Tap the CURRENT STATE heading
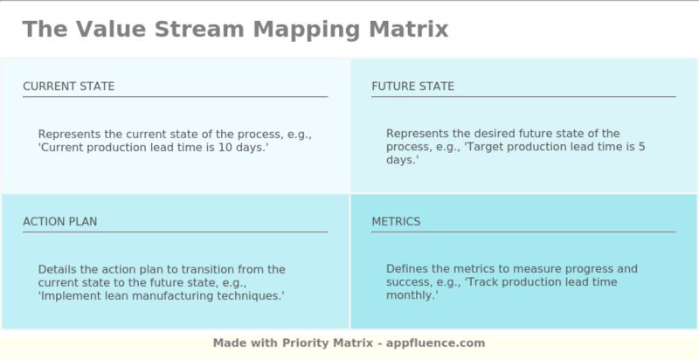pos(68,87)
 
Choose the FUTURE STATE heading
pos(412,87)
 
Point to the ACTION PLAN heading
pos(59,222)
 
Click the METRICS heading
pos(396,222)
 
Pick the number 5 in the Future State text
pos(641,148)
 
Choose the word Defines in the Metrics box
pos(407,269)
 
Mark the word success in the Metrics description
pos(408,282)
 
